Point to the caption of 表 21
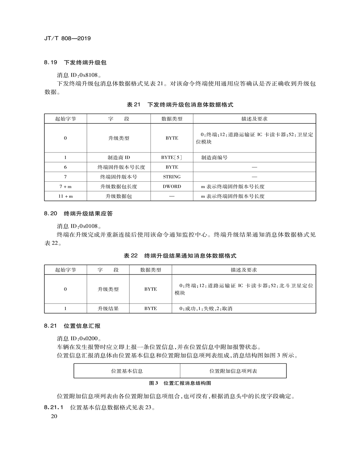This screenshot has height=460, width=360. coord(180,104)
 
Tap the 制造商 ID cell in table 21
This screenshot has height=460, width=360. coord(119,158)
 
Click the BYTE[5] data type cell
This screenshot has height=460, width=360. coord(172,158)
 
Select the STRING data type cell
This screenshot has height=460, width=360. coord(172,177)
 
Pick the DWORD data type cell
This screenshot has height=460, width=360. coord(172,187)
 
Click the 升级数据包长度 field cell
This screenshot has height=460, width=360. coord(119,187)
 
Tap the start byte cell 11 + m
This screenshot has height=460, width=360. coord(65,196)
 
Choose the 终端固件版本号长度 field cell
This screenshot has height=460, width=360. coord(119,167)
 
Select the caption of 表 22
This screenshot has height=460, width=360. coord(180,256)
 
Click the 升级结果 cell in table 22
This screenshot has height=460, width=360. coord(108,309)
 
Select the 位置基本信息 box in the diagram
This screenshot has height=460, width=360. coord(127,371)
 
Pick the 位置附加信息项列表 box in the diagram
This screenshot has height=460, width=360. coord(233,371)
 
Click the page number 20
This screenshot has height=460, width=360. coord(54,417)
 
